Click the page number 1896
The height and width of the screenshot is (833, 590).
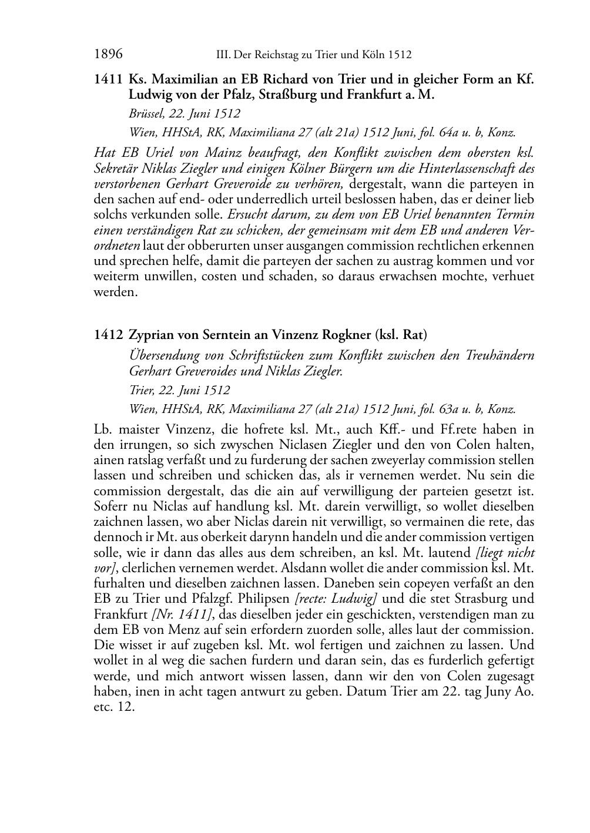coord(108,55)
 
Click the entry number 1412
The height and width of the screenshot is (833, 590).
coord(108,335)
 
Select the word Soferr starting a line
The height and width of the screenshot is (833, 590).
coord(111,506)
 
